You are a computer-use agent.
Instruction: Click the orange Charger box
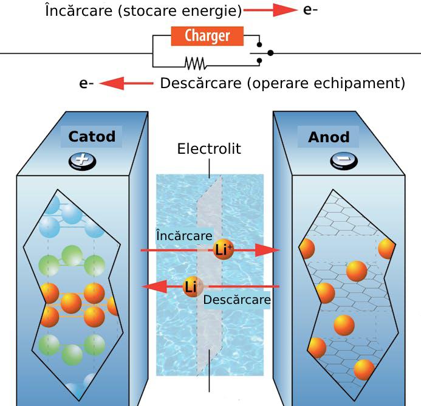click(x=207, y=36)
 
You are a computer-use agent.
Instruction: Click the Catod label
click(x=92, y=136)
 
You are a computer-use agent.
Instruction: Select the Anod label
click(x=329, y=137)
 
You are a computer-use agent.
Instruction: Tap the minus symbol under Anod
click(x=340, y=160)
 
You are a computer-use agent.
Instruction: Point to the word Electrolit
click(x=209, y=149)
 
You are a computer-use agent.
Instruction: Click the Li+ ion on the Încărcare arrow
click(x=224, y=250)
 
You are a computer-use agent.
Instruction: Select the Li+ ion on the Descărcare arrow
click(x=193, y=286)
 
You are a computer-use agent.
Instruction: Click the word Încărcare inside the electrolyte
click(x=184, y=235)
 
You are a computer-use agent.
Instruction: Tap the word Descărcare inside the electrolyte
click(x=237, y=300)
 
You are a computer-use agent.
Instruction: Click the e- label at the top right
click(x=310, y=11)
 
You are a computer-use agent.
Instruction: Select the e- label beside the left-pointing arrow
click(x=86, y=84)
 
